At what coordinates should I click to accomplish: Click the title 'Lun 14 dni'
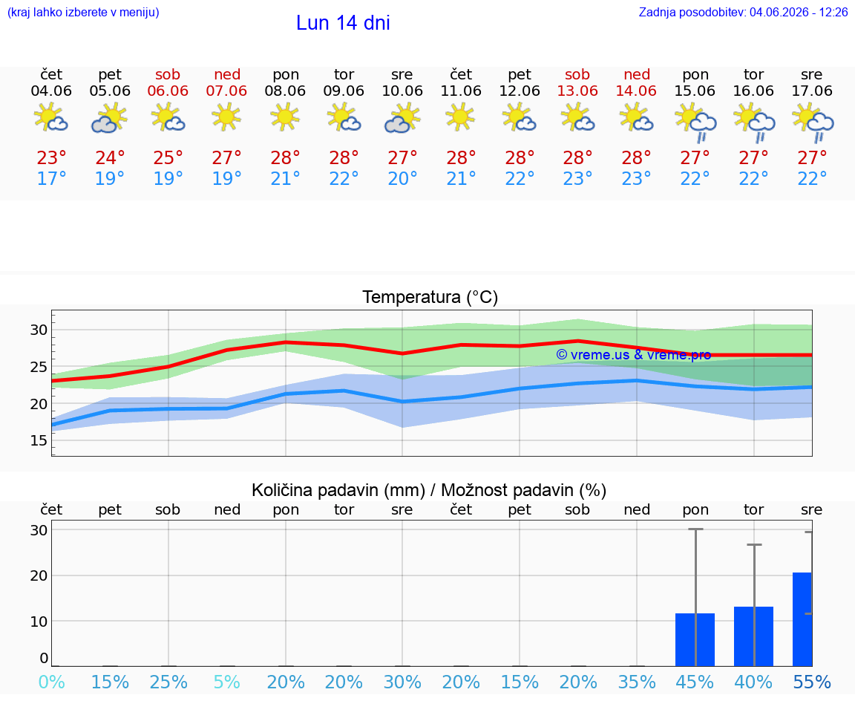pyautogui.click(x=343, y=23)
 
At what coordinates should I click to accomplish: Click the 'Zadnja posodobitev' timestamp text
pyautogui.click(x=743, y=12)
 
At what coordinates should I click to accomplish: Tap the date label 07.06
pyautogui.click(x=226, y=91)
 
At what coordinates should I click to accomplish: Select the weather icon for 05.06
pyautogui.click(x=110, y=118)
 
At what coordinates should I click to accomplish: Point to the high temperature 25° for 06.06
pyautogui.click(x=168, y=157)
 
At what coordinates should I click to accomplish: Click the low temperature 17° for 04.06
pyautogui.click(x=51, y=178)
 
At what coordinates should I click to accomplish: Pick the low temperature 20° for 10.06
pyautogui.click(x=402, y=178)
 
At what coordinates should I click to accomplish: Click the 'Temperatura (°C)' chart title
pyautogui.click(x=430, y=297)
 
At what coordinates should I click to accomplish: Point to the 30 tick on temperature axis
pyautogui.click(x=39, y=330)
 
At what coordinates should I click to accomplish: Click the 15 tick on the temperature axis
pyautogui.click(x=39, y=440)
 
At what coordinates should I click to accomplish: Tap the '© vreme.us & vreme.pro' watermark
pyautogui.click(x=634, y=355)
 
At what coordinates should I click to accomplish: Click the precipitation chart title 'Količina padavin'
pyautogui.click(x=338, y=490)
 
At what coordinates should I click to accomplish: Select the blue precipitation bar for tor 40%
pyautogui.click(x=753, y=636)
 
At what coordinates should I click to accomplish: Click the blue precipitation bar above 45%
pyautogui.click(x=695, y=639)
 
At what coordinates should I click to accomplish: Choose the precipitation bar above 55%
pyautogui.click(x=802, y=619)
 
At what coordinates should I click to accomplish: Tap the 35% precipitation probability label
pyautogui.click(x=636, y=682)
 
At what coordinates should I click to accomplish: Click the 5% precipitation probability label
pyautogui.click(x=227, y=682)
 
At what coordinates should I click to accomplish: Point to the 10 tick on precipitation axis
pyautogui.click(x=39, y=621)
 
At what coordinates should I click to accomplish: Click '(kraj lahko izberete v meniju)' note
pyautogui.click(x=83, y=13)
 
